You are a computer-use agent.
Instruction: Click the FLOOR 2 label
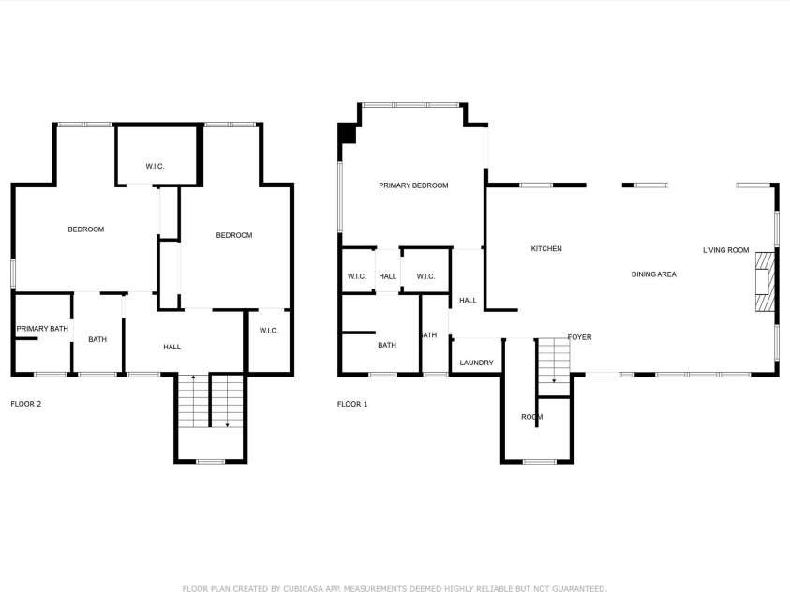pos(25,404)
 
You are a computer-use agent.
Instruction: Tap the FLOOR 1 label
pos(352,404)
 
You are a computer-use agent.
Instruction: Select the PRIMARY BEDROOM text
pos(413,185)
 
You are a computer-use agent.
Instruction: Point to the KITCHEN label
pos(546,248)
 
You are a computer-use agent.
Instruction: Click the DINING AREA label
pos(653,274)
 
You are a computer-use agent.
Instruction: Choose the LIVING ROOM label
pos(726,250)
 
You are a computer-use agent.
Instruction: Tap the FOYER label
pos(579,337)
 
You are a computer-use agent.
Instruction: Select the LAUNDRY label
pos(477,363)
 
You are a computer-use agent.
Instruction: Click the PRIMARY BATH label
pos(42,329)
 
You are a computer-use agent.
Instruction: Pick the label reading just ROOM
pos(531,416)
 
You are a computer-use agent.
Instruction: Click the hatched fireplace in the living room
pos(766,280)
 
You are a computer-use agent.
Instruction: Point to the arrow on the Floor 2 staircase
pos(228,423)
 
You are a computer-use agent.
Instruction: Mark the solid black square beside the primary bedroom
pos(347,134)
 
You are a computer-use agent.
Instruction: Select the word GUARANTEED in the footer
pos(574,588)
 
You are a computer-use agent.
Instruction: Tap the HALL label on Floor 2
pos(171,347)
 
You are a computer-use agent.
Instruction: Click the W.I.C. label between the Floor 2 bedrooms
pos(156,166)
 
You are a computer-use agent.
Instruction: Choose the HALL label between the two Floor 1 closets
pos(388,276)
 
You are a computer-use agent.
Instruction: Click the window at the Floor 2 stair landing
pos(210,461)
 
